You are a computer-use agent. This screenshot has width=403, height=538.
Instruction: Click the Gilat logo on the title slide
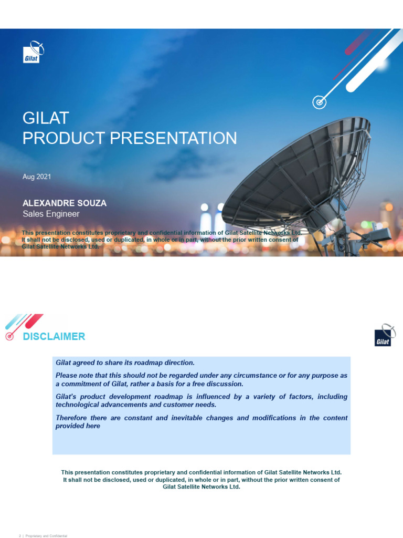click(x=33, y=52)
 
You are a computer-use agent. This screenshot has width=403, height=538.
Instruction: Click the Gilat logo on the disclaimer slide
click(x=384, y=335)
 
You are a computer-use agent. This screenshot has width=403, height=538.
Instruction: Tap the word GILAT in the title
click(x=46, y=117)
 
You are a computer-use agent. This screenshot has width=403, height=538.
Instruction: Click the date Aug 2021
click(x=36, y=177)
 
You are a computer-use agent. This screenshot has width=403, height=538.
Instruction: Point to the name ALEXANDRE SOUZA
click(x=65, y=203)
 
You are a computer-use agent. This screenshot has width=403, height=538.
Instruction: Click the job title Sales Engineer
click(x=51, y=214)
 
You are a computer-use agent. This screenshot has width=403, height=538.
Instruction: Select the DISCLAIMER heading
click(x=54, y=337)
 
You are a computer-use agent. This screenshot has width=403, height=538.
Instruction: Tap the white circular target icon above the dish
click(x=319, y=102)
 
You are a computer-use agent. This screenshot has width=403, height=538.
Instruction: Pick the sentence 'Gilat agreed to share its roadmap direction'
click(x=125, y=363)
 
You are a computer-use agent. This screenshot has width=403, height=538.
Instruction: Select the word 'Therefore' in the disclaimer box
click(x=72, y=418)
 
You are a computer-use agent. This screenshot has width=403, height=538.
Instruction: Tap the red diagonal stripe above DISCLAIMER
click(x=34, y=320)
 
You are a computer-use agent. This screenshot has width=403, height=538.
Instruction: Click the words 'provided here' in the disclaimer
click(x=78, y=426)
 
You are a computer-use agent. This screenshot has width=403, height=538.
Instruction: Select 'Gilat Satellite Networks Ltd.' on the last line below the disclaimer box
click(x=201, y=487)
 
